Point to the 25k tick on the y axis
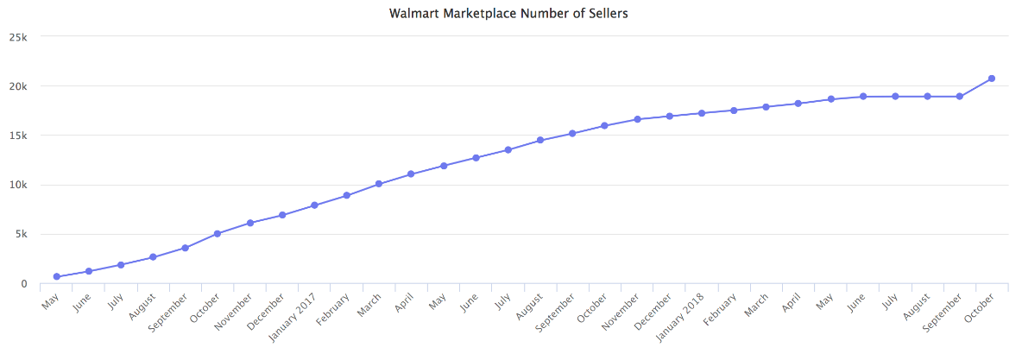[x=18, y=37]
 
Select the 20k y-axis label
[x=18, y=86]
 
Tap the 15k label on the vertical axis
[x=18, y=136]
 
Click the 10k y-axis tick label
[x=18, y=185]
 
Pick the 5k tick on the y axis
[x=21, y=234]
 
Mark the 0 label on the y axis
[x=24, y=283]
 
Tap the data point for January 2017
[x=315, y=205]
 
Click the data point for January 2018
[x=702, y=113]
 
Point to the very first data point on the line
[x=57, y=277]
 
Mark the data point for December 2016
[x=282, y=215]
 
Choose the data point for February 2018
[x=734, y=111]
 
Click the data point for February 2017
[x=347, y=195]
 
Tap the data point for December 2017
[x=669, y=116]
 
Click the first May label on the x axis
[x=49, y=300]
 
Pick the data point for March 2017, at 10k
[x=379, y=184]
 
